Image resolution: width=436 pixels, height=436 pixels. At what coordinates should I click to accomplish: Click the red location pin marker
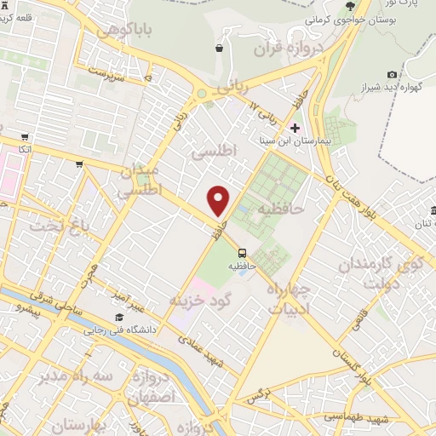click(x=219, y=200)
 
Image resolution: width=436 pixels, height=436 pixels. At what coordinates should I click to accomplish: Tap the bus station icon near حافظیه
click(x=243, y=253)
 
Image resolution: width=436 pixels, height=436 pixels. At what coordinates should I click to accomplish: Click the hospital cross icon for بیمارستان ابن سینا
click(x=295, y=127)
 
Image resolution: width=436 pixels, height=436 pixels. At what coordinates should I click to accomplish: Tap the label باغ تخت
click(x=58, y=227)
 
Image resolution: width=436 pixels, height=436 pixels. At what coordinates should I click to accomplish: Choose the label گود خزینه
click(x=202, y=301)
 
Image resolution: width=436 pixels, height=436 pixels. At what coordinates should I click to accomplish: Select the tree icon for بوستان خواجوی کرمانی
click(x=349, y=5)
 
